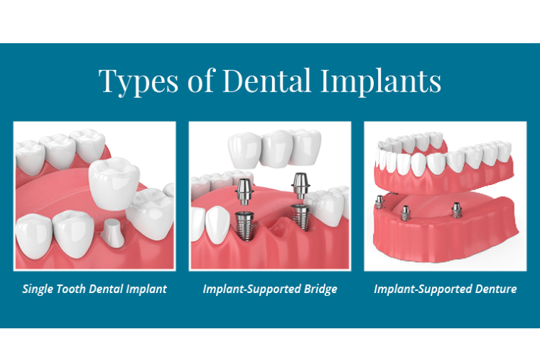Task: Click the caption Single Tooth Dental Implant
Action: [x=94, y=289]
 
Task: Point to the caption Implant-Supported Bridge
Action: [x=270, y=289]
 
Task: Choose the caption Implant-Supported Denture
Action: [x=445, y=289]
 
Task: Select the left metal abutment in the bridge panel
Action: [x=245, y=192]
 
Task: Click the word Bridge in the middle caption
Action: [x=320, y=289]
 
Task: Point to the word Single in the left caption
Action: [x=38, y=289]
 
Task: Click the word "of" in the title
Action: [x=203, y=80]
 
